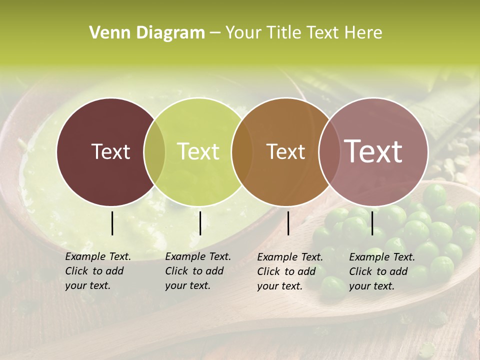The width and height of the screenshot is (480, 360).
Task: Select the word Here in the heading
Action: (x=363, y=33)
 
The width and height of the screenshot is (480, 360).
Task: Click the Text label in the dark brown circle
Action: (x=110, y=151)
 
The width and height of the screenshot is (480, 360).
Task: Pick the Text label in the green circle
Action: (x=198, y=151)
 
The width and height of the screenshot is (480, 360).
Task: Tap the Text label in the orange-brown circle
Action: (x=285, y=151)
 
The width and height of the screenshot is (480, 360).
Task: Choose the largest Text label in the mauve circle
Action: (x=373, y=151)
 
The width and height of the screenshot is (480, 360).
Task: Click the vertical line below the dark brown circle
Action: (x=112, y=223)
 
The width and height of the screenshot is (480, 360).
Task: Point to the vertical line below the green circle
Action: (x=200, y=223)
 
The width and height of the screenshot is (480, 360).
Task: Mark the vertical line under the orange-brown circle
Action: (x=288, y=223)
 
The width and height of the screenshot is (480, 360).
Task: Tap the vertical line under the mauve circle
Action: (x=372, y=223)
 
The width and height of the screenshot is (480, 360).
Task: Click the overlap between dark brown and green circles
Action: (x=154, y=151)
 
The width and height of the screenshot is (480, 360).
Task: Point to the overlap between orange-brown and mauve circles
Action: (x=328, y=151)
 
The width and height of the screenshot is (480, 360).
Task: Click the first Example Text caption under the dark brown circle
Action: (x=98, y=256)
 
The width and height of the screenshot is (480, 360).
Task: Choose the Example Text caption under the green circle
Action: (x=198, y=256)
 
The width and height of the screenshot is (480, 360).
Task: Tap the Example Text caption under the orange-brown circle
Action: (x=290, y=257)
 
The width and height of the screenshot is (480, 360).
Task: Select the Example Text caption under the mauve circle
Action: (x=382, y=257)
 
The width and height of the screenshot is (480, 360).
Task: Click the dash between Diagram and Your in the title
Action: (x=215, y=33)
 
